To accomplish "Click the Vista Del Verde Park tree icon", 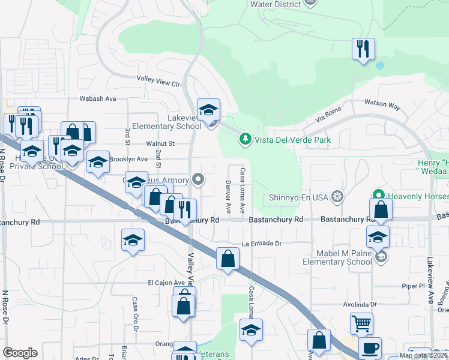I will [x=245, y=140].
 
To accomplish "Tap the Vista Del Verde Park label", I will [x=292, y=140].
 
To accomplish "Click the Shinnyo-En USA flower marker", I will [x=338, y=196].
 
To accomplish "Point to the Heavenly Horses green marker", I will [x=378, y=196].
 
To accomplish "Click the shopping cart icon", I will [x=362, y=323].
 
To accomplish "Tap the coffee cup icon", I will [x=370, y=347].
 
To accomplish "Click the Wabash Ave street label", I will [x=98, y=98].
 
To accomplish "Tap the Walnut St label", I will [x=160, y=143].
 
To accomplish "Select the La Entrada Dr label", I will [x=262, y=244].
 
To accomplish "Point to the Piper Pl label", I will [x=414, y=286].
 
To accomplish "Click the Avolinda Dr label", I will [x=369, y=305].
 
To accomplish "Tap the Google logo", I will [x=20, y=353].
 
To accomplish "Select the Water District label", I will [x=275, y=4].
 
